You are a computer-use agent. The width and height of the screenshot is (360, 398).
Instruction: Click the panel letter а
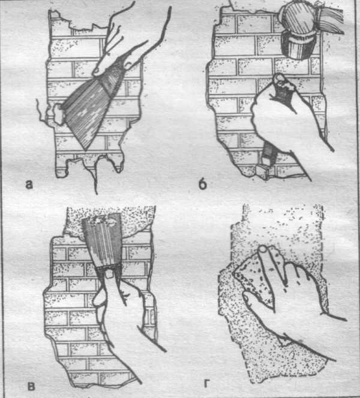point(29,185)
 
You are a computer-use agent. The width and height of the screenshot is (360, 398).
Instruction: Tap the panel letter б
point(202,184)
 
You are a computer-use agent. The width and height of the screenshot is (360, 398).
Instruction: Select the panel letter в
point(31,387)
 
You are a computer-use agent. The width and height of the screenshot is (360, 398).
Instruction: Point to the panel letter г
point(207,384)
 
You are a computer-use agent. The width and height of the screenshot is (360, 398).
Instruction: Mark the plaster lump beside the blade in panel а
point(59,114)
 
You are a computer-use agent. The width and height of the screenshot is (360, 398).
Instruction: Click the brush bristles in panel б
point(331,18)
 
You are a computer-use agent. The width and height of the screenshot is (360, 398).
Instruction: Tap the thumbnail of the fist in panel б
point(279,79)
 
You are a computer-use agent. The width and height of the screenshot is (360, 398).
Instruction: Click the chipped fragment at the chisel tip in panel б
point(262,171)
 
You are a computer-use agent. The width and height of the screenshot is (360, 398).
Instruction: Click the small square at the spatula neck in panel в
point(110,275)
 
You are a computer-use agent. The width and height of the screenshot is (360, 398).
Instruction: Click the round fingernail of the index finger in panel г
point(263,249)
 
